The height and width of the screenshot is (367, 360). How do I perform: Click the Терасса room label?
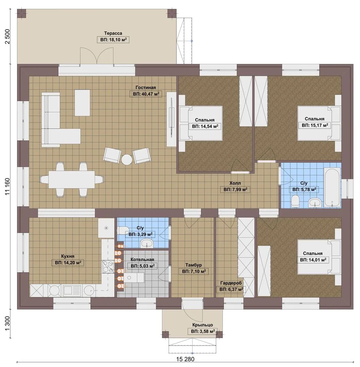[113, 33]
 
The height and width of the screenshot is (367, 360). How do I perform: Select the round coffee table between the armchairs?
[127, 160]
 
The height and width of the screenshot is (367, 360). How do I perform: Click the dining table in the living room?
[72, 179]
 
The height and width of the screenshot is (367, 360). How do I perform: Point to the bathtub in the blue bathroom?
[332, 187]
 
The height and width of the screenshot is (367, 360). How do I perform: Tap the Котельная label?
[142, 259]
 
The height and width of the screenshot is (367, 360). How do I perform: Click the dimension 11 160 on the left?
[7, 187]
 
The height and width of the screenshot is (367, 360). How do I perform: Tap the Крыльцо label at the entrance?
[202, 325]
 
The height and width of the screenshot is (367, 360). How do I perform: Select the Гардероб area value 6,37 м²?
[231, 289]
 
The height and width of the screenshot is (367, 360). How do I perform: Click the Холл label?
[235, 183]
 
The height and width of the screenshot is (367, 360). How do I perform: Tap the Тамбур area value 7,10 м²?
[194, 272]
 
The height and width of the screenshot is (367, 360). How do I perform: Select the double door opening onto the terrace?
[97, 56]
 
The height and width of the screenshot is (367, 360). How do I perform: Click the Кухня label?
[68, 256]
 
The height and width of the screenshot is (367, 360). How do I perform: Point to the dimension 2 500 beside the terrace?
[7, 36]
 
